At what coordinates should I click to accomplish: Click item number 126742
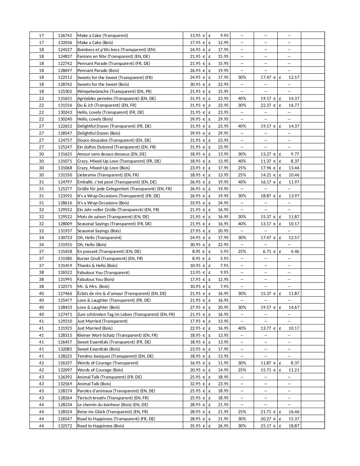[65, 36]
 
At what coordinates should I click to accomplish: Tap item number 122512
[65, 77]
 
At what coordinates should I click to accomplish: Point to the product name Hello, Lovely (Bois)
[95, 119]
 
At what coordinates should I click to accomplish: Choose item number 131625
[65, 154]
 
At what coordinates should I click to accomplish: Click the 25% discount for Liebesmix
[242, 175]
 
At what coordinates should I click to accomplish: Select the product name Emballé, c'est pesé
[117, 182]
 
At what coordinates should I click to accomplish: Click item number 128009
[65, 224]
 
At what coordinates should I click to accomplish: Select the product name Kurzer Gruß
[110, 259]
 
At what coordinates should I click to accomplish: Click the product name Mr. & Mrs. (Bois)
[93, 286]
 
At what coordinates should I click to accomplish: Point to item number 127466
[65, 294]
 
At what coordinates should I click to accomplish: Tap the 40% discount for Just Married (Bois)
[242, 328]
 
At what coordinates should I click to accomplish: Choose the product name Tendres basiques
[115, 356]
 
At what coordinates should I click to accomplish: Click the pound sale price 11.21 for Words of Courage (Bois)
[294, 370]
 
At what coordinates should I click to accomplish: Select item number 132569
[65, 384]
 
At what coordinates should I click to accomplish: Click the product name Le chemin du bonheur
[112, 405]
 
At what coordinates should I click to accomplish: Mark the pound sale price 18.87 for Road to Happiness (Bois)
[294, 426]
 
